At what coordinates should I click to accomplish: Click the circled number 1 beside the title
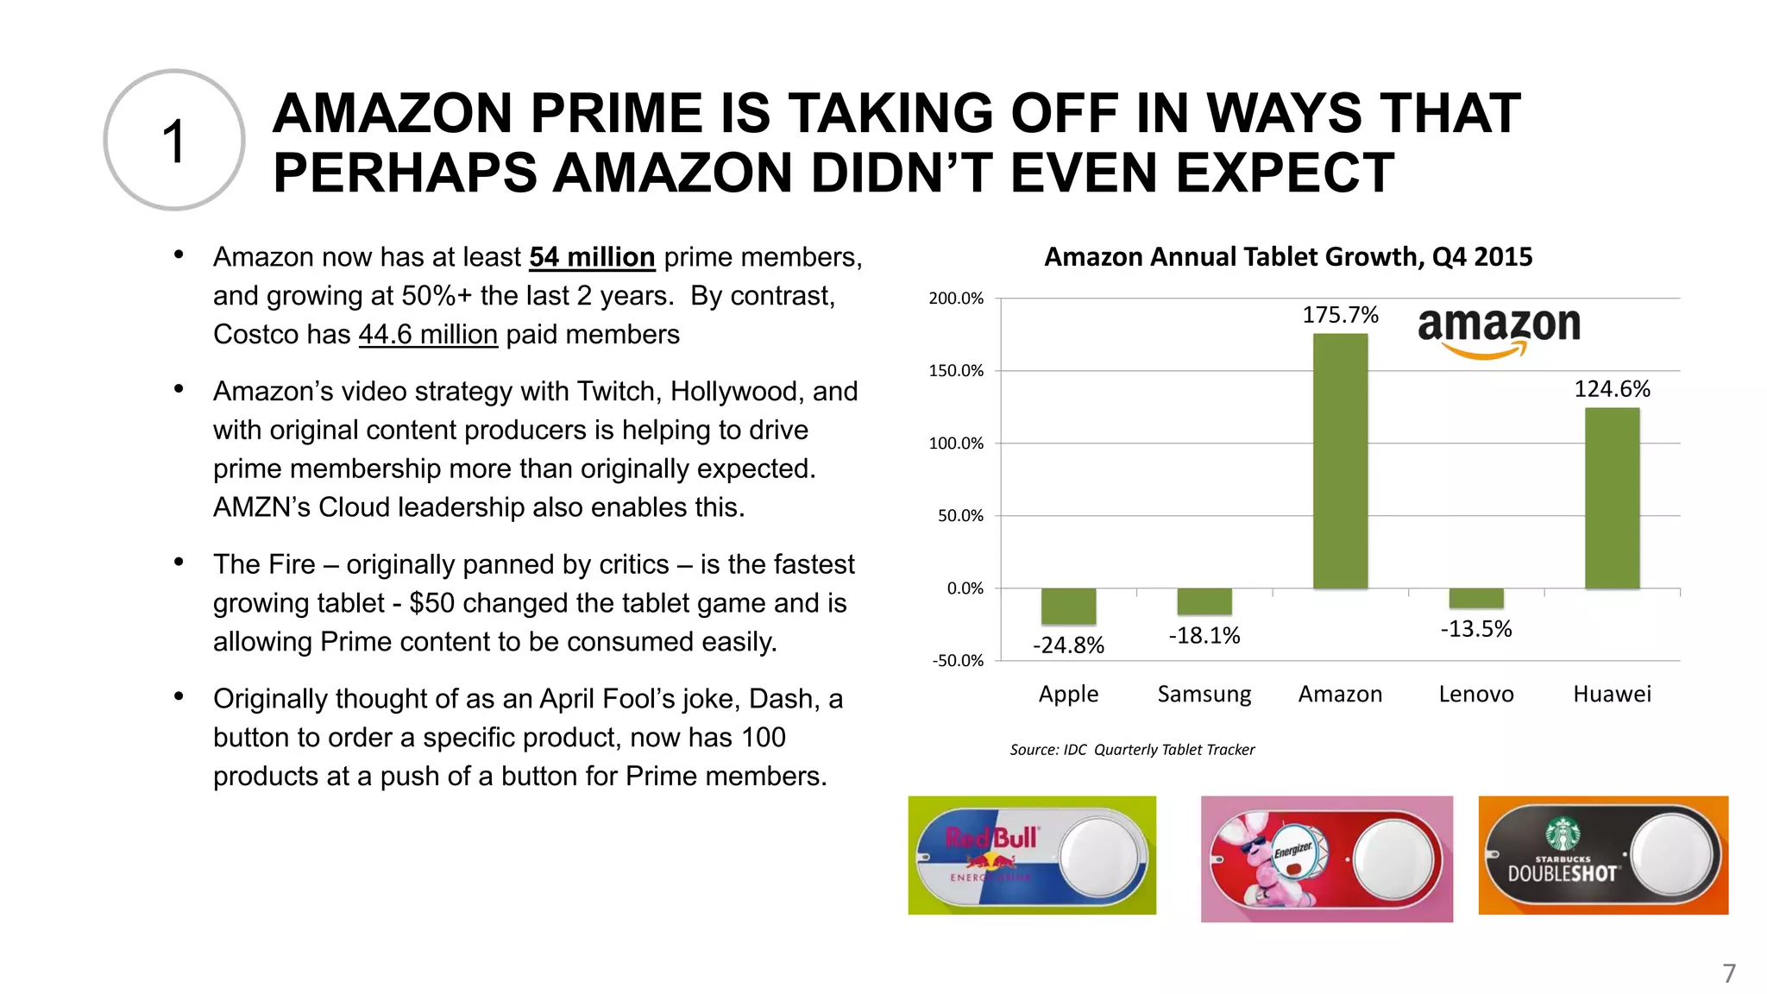pyautogui.click(x=174, y=141)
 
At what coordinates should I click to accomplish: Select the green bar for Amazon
pyautogui.click(x=1340, y=461)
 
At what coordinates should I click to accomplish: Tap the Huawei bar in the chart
pyautogui.click(x=1612, y=498)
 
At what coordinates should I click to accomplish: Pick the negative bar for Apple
pyautogui.click(x=1068, y=607)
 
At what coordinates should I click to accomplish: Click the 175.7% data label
pyautogui.click(x=1340, y=315)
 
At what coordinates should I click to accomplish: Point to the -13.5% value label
pyautogui.click(x=1476, y=629)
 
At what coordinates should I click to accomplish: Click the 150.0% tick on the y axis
pyautogui.click(x=956, y=371)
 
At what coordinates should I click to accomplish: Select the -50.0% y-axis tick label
pyautogui.click(x=957, y=661)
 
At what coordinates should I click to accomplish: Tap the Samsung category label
pyautogui.click(x=1204, y=694)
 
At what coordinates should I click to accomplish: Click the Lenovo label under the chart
pyautogui.click(x=1476, y=694)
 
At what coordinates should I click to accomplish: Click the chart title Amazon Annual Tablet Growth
pyautogui.click(x=1288, y=256)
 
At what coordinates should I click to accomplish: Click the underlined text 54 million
pyautogui.click(x=592, y=257)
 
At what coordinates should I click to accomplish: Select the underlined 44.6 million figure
pyautogui.click(x=428, y=335)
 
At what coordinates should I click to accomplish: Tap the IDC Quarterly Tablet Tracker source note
pyautogui.click(x=1132, y=750)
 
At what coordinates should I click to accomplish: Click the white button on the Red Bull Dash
pyautogui.click(x=1098, y=856)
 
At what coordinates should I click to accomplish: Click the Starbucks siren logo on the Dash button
pyautogui.click(x=1563, y=834)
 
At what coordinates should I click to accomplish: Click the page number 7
pyautogui.click(x=1729, y=973)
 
